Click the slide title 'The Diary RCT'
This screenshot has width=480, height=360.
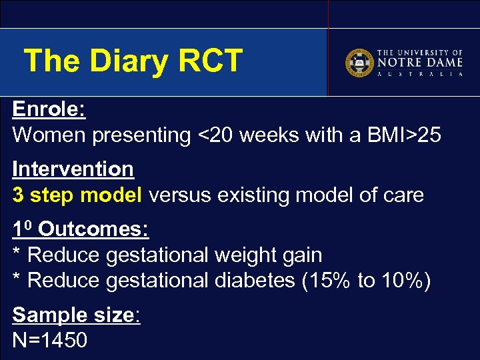tap(133, 61)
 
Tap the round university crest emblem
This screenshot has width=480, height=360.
tap(359, 63)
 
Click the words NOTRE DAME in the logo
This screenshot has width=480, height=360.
tap(420, 62)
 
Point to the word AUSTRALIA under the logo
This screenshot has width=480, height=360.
tap(420, 75)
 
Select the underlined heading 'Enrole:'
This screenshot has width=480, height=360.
tap(49, 109)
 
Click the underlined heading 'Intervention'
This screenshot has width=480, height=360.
tap(73, 169)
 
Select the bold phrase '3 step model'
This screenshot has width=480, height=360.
tap(77, 195)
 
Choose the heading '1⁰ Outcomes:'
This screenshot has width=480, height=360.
tap(81, 229)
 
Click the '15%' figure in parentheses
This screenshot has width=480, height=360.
tap(330, 281)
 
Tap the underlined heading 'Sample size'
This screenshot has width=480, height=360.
tap(73, 315)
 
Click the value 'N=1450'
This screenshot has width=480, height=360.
tap(50, 340)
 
